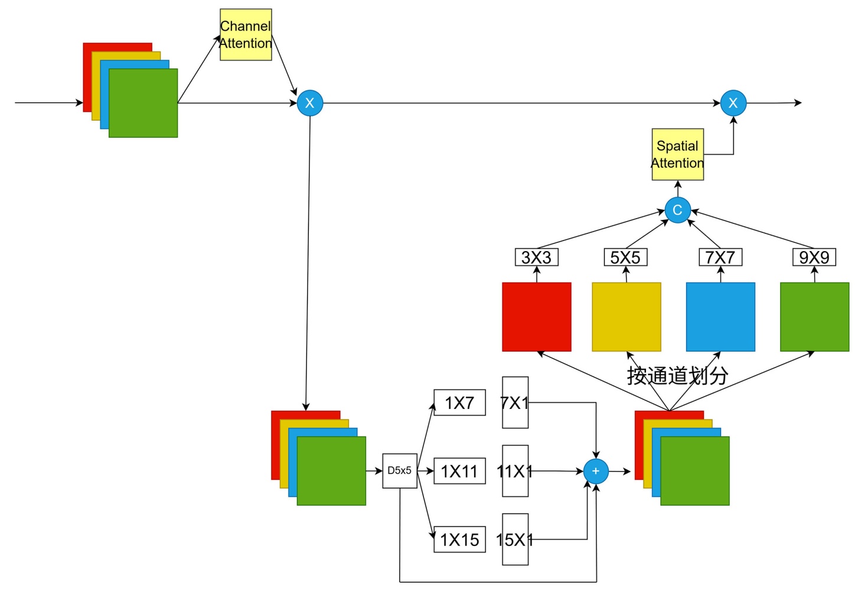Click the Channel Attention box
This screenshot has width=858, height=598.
click(246, 34)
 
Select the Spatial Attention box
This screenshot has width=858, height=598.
click(677, 154)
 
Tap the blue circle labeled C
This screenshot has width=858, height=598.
click(677, 210)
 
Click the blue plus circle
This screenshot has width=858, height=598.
click(596, 471)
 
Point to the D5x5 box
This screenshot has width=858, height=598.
click(400, 471)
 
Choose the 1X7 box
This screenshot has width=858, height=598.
click(459, 402)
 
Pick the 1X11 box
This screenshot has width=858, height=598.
click(459, 471)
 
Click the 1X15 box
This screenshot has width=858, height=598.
click(459, 539)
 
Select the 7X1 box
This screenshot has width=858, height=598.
click(515, 402)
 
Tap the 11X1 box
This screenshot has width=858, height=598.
click(515, 471)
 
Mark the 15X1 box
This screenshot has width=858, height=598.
click(515, 539)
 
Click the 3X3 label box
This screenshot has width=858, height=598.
click(536, 258)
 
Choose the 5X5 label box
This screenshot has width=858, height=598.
click(625, 258)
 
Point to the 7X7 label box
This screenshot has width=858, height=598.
click(720, 258)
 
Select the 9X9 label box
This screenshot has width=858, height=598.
click(814, 258)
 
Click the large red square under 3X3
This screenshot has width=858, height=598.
click(537, 317)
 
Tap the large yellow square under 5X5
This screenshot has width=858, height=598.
click(627, 317)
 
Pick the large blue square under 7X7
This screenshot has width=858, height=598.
click(720, 317)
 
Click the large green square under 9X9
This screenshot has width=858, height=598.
click(815, 317)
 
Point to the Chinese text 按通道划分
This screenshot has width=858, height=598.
click(677, 376)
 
